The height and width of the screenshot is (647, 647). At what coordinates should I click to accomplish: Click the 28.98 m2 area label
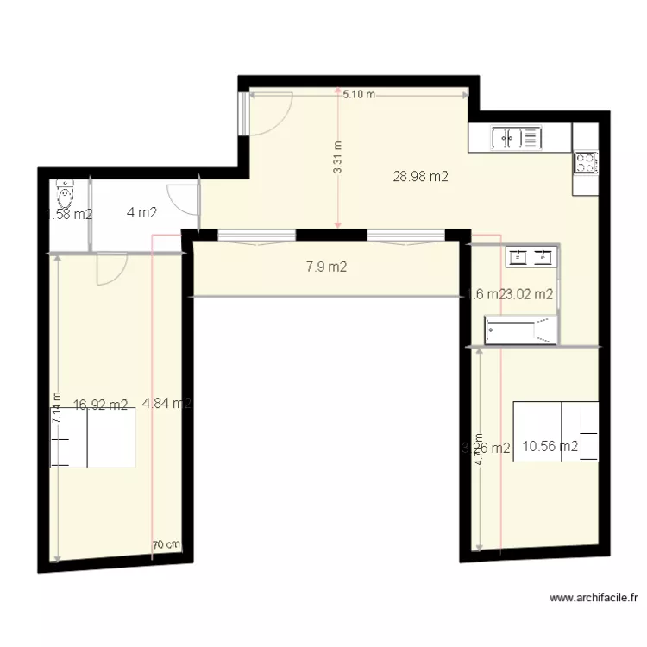point(420,177)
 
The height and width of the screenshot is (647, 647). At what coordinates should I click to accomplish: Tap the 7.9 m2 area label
point(326,267)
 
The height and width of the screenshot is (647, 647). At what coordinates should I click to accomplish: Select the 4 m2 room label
point(141,212)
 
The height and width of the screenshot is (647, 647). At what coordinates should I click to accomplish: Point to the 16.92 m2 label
point(100,404)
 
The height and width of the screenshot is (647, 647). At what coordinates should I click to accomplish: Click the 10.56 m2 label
point(550,446)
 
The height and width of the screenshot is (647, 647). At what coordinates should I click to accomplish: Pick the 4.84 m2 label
point(166,403)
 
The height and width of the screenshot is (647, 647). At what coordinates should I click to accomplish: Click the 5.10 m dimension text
point(359,95)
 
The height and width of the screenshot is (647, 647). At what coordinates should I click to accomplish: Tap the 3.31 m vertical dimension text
point(337,158)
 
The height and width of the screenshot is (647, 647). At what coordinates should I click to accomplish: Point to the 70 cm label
point(166,544)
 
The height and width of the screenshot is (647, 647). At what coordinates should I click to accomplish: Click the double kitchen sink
point(515,137)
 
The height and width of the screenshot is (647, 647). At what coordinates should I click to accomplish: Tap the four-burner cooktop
point(586,162)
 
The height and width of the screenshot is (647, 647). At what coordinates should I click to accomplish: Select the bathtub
point(520,330)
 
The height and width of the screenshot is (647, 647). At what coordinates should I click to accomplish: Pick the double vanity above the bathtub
point(530,255)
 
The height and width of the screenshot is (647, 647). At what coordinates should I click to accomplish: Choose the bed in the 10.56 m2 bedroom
point(556,431)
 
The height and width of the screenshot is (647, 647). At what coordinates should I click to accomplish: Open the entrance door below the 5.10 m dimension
point(269,114)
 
